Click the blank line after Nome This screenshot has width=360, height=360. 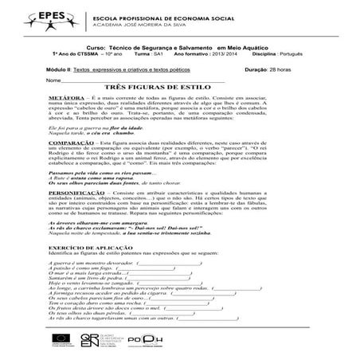tap(143, 80)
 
